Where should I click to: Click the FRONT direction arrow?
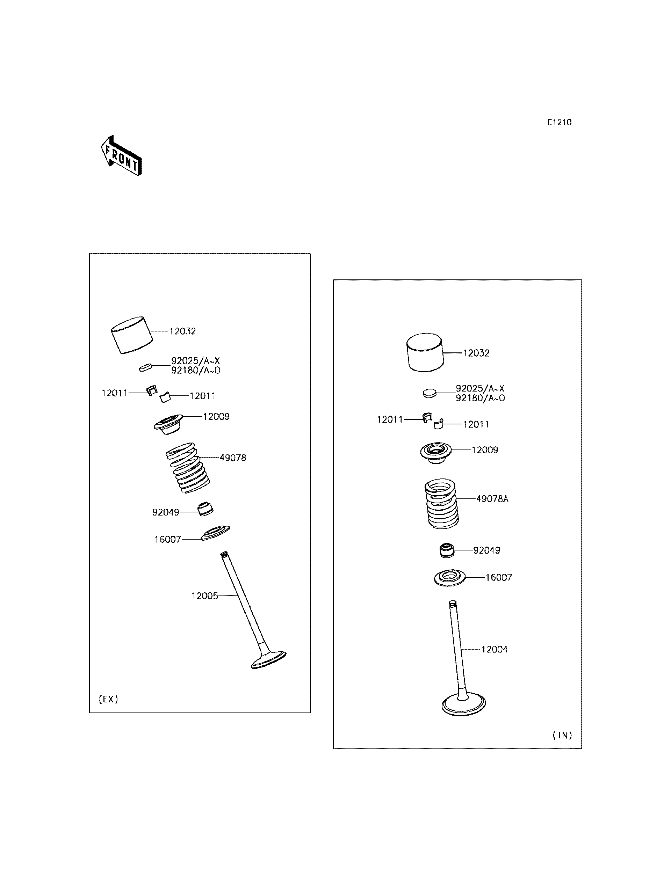coord(121,156)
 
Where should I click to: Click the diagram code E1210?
coord(559,123)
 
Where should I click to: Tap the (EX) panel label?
coord(108,699)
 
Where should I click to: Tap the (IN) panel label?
coord(562,735)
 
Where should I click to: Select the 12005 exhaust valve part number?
coord(204,596)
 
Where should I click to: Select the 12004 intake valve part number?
coord(494,650)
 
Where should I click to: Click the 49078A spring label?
coord(492,499)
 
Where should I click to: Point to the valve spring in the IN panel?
coord(441,503)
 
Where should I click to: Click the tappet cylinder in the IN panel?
coord(425,352)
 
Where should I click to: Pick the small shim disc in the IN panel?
coord(430,393)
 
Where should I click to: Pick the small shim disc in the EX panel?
coord(146,367)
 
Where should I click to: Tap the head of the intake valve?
coord(464,706)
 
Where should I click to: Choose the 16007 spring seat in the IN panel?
coord(450,578)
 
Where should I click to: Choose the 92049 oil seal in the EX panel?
coord(206,509)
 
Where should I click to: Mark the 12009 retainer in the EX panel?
coord(168,424)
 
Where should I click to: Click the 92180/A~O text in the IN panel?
coord(481,398)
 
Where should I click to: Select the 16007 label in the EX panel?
coord(168,540)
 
